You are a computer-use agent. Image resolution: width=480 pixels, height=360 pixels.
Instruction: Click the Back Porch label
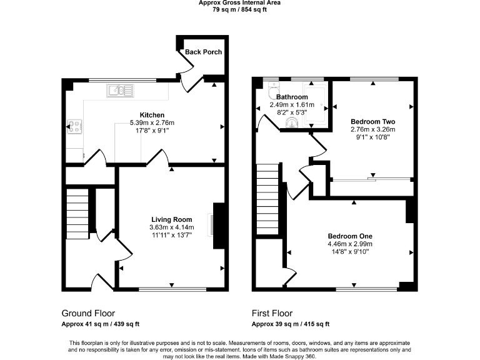pos(203,51)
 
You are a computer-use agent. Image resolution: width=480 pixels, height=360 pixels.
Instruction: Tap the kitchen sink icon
pos(119,91)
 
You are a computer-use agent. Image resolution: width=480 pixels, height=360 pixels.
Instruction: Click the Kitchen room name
pos(152,115)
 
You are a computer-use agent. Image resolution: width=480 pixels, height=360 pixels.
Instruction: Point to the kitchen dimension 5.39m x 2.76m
pos(152,122)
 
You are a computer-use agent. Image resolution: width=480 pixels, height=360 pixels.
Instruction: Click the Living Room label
pos(171,219)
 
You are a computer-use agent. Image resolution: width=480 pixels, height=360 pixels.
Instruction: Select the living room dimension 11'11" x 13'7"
pos(171,235)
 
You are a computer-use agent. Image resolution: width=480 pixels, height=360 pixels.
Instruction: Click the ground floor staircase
pos(79,213)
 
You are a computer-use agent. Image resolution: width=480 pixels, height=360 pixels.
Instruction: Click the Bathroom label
pos(292,97)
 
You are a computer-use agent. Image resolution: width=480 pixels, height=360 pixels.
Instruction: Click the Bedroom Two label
pos(372,121)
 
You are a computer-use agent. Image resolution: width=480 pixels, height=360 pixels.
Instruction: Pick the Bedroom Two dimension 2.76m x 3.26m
pos(372,129)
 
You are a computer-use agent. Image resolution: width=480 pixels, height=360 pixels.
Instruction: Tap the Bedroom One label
pos(350,236)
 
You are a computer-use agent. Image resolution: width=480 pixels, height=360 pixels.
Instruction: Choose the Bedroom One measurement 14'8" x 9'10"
pos(350,252)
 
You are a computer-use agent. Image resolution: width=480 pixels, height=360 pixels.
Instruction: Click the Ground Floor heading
pos(88,313)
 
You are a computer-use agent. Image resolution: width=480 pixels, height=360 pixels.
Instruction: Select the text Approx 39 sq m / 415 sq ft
pos(290,324)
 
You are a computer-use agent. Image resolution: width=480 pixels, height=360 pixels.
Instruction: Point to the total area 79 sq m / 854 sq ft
pos(239,9)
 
